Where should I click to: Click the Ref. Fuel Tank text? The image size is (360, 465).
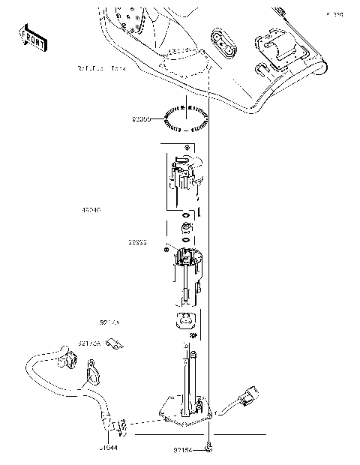pyautogui.click(x=101, y=68)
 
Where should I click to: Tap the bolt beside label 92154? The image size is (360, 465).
pyautogui.click(x=210, y=448)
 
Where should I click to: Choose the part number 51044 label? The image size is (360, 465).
pyautogui.click(x=109, y=448)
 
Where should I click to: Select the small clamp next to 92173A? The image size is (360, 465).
pyautogui.click(x=115, y=344)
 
